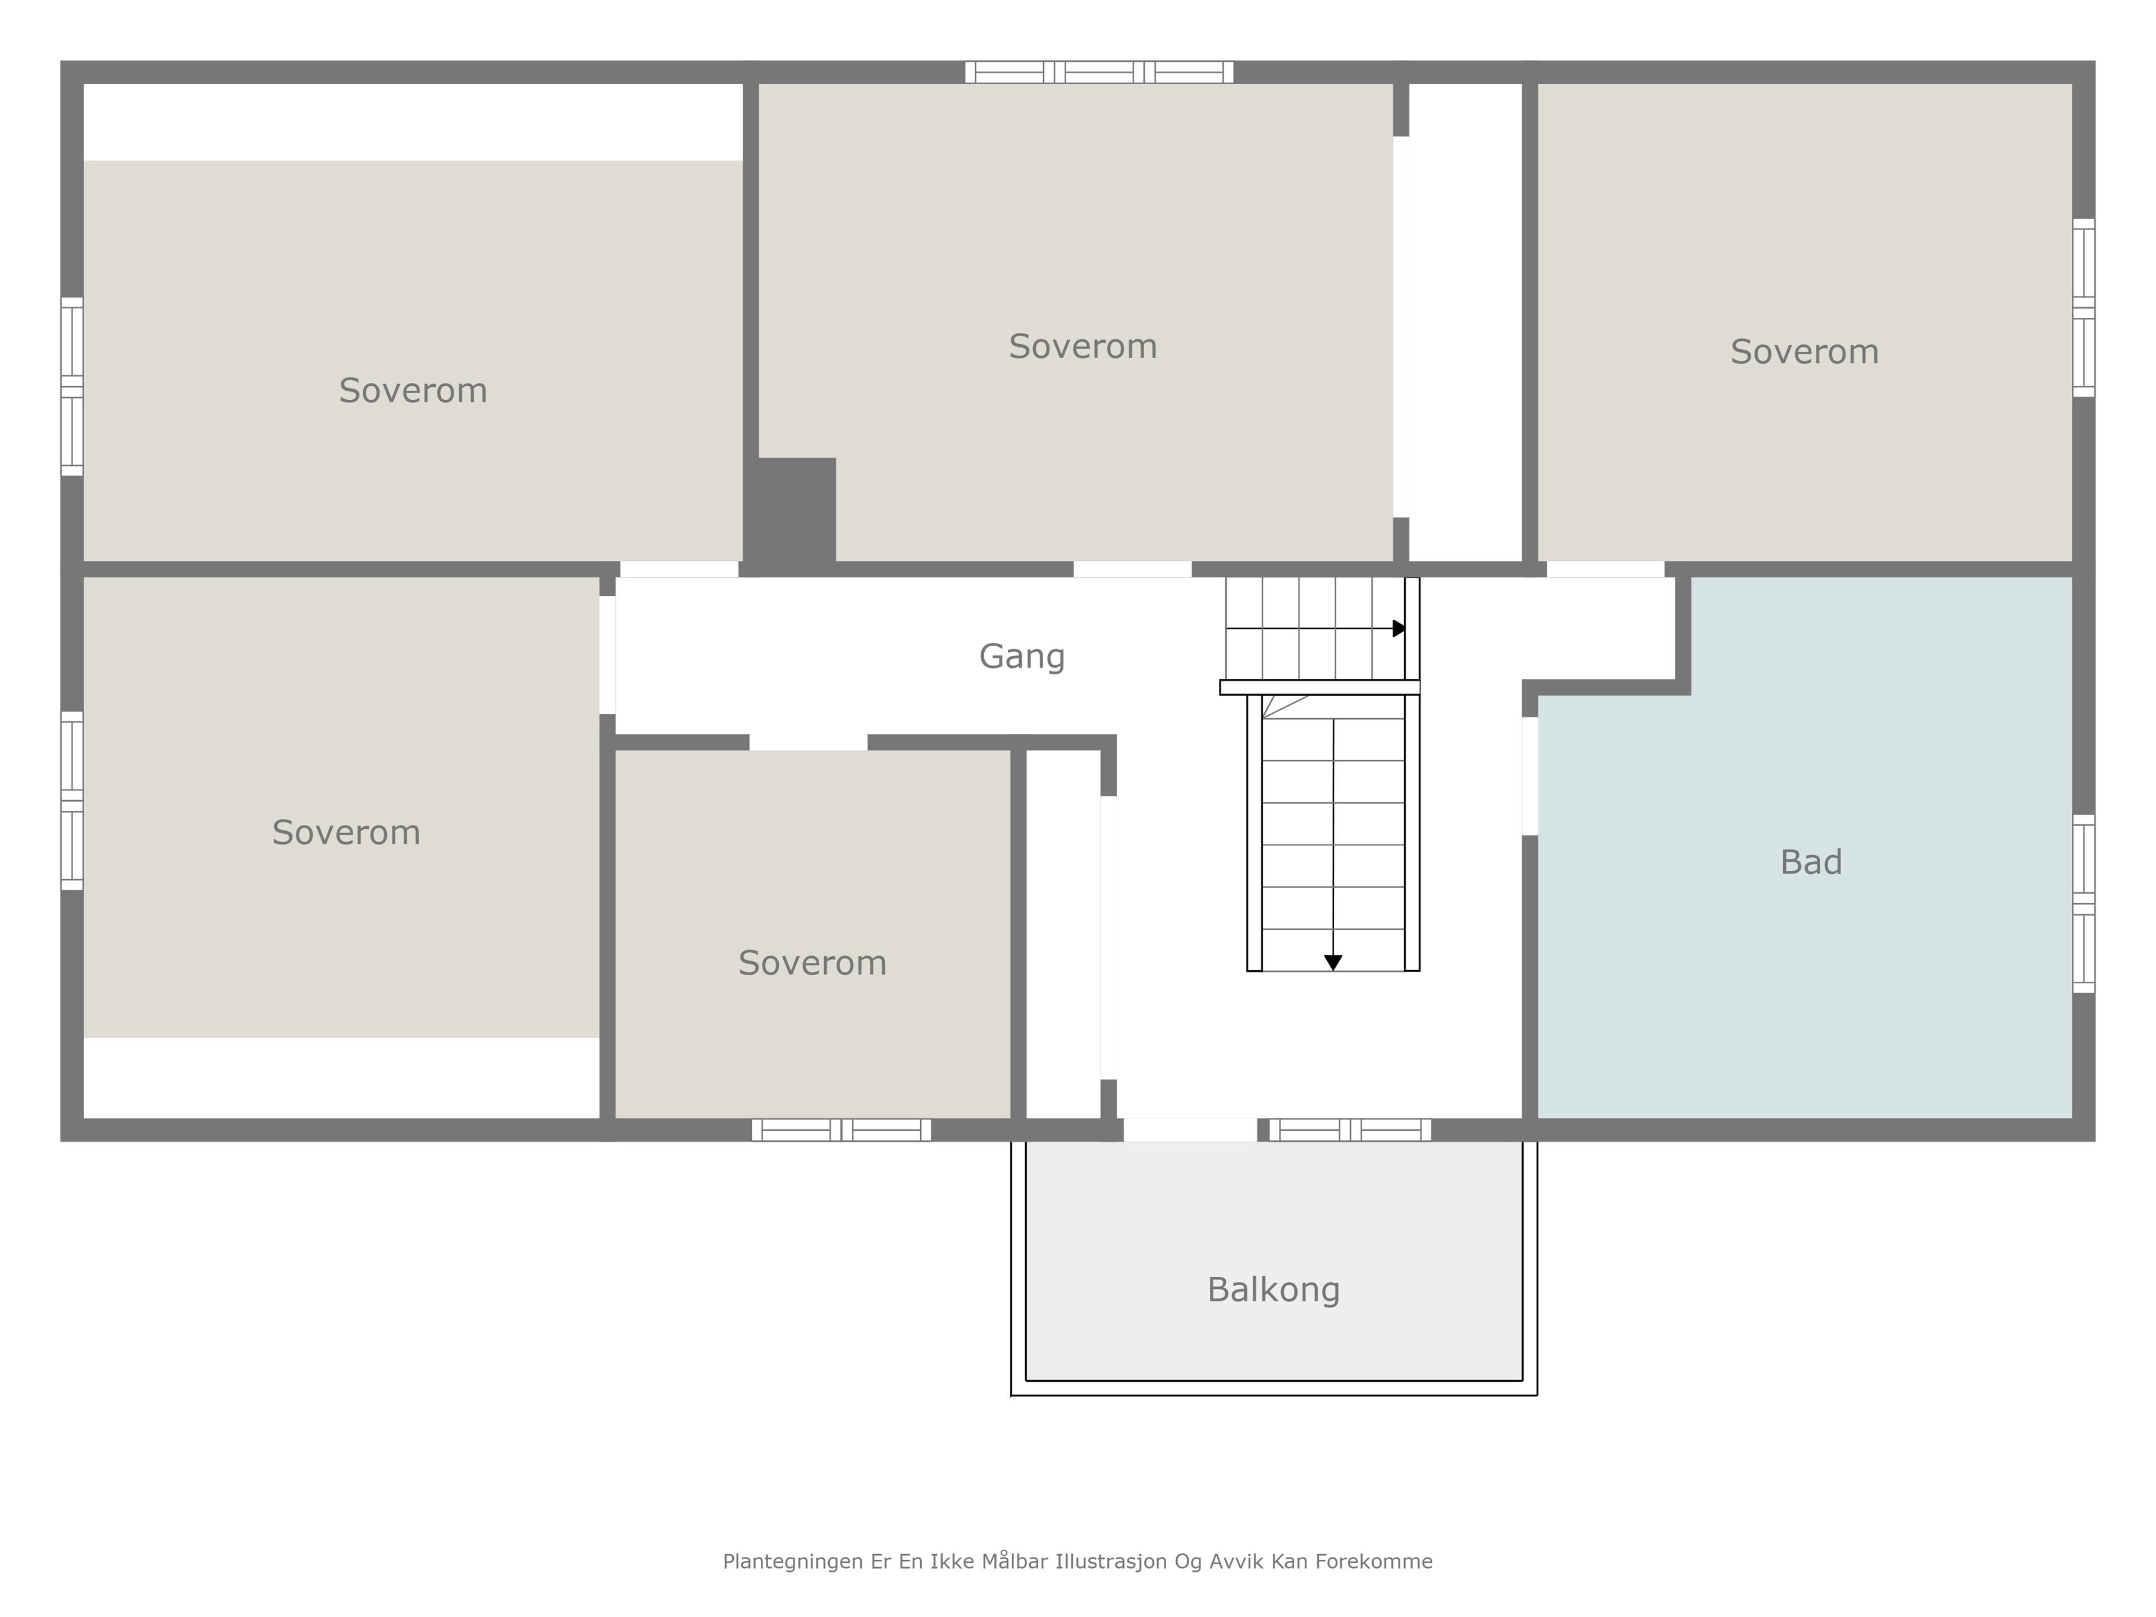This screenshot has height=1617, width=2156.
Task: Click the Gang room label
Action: [1021, 657]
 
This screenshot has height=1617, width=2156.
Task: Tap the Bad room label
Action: [1811, 862]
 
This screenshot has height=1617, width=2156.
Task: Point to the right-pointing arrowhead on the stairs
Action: [1400, 629]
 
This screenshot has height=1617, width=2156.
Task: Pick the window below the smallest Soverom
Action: [841, 1130]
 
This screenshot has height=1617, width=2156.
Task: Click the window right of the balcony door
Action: [1350, 1130]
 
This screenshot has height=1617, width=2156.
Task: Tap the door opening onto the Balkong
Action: [1190, 1130]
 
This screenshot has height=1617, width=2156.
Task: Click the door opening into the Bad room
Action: [1530, 776]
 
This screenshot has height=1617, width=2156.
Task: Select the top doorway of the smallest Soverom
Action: [808, 743]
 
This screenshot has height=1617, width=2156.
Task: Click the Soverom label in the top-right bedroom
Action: [1804, 352]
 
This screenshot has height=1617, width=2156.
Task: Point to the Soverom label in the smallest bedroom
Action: [812, 963]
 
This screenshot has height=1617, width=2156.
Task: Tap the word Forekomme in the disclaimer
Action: [1373, 1561]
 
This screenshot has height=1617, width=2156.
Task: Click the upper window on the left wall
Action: [72, 386]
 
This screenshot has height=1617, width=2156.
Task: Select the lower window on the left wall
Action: [72, 800]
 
